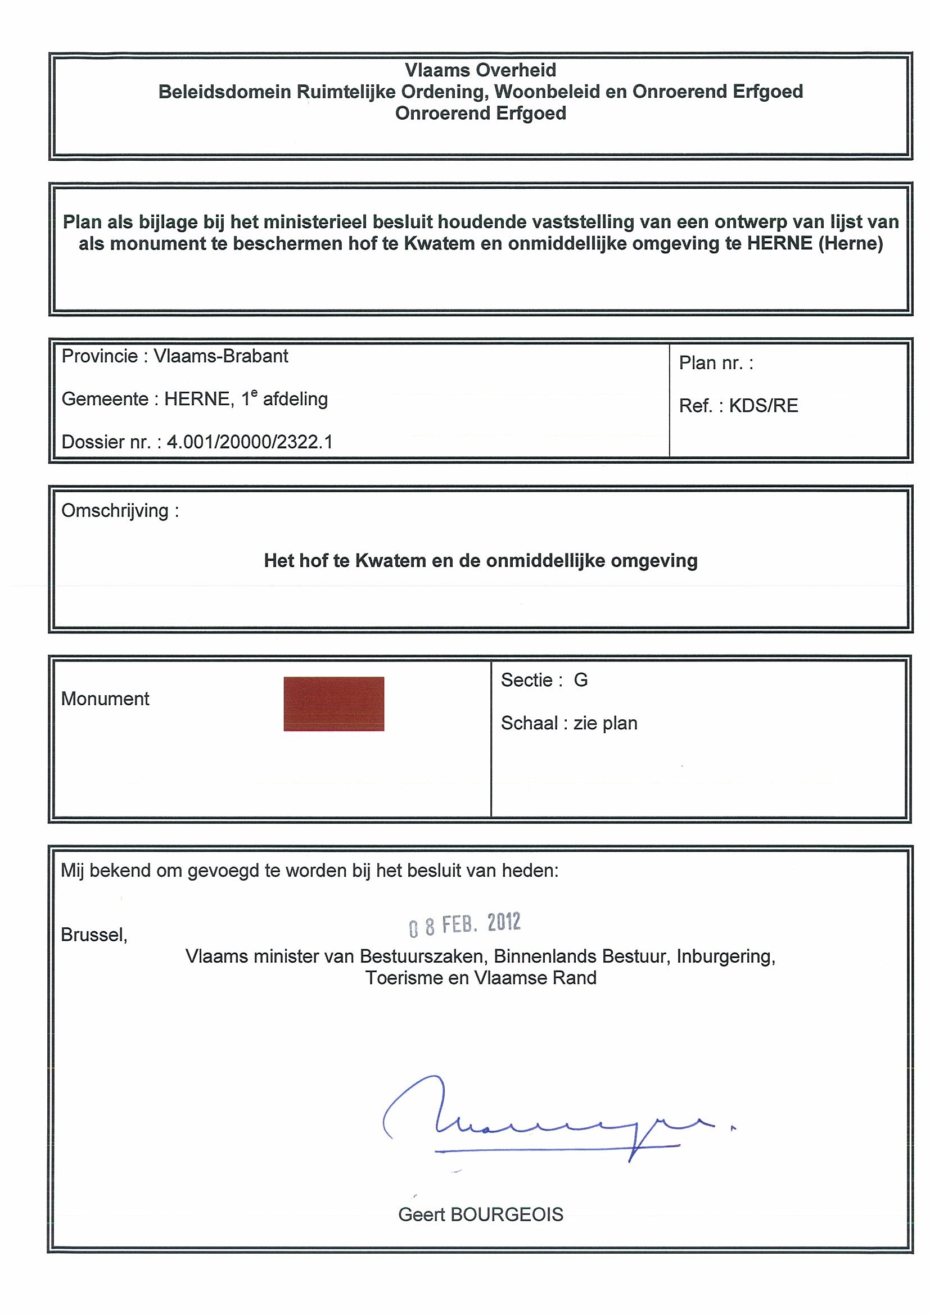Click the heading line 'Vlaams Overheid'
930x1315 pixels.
click(x=480, y=70)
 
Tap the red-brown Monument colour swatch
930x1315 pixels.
click(x=333, y=704)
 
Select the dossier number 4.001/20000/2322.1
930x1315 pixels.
click(x=250, y=442)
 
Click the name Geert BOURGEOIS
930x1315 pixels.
click(x=480, y=1214)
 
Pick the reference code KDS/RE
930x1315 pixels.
click(x=763, y=406)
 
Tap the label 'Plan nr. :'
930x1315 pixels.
click(x=716, y=362)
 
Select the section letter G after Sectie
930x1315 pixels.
click(x=580, y=680)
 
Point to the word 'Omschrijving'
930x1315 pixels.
click(x=115, y=510)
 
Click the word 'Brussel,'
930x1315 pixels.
click(x=94, y=934)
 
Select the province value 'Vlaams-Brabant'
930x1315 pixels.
click(x=220, y=356)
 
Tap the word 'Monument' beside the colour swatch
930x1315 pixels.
click(x=105, y=698)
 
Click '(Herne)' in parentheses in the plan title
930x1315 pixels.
click(x=850, y=243)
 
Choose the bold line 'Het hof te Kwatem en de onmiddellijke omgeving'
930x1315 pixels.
click(x=480, y=560)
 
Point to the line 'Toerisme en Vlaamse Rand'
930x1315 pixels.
click(x=481, y=977)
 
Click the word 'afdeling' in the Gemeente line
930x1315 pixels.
click(x=295, y=398)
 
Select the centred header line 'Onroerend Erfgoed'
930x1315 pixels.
click(x=480, y=113)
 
